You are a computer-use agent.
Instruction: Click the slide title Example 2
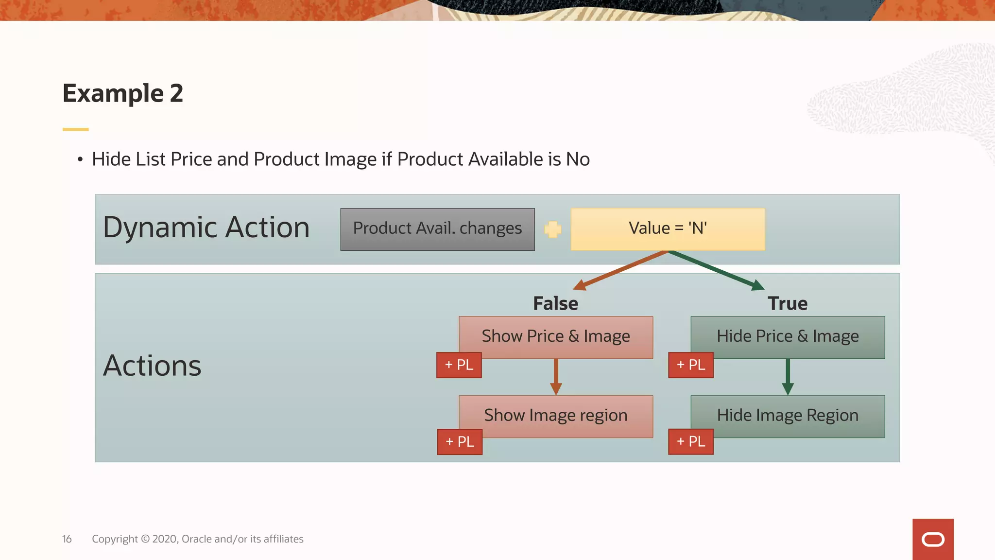[x=123, y=93]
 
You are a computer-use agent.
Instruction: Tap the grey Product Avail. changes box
[x=437, y=229]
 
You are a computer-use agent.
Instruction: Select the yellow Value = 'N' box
[x=668, y=229]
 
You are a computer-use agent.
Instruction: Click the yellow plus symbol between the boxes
[x=552, y=229]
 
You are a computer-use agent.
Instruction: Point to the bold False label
[x=555, y=303]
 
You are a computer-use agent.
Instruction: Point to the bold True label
[x=787, y=303]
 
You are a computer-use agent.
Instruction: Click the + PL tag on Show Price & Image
[x=459, y=365]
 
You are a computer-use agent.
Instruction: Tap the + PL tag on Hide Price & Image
[x=690, y=365]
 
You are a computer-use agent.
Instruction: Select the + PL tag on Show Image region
[x=460, y=441]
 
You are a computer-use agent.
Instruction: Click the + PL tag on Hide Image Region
[x=690, y=441]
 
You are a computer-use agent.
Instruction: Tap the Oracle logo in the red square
[x=932, y=539]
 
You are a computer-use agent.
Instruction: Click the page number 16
[x=67, y=539]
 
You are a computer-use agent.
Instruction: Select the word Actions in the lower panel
[x=152, y=366]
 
